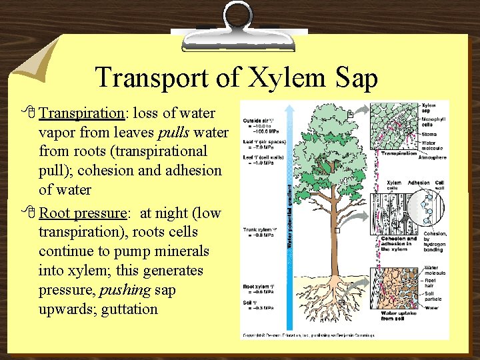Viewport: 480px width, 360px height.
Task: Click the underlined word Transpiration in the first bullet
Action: click(77, 111)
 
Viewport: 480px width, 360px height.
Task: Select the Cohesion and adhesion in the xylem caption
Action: click(399, 244)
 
